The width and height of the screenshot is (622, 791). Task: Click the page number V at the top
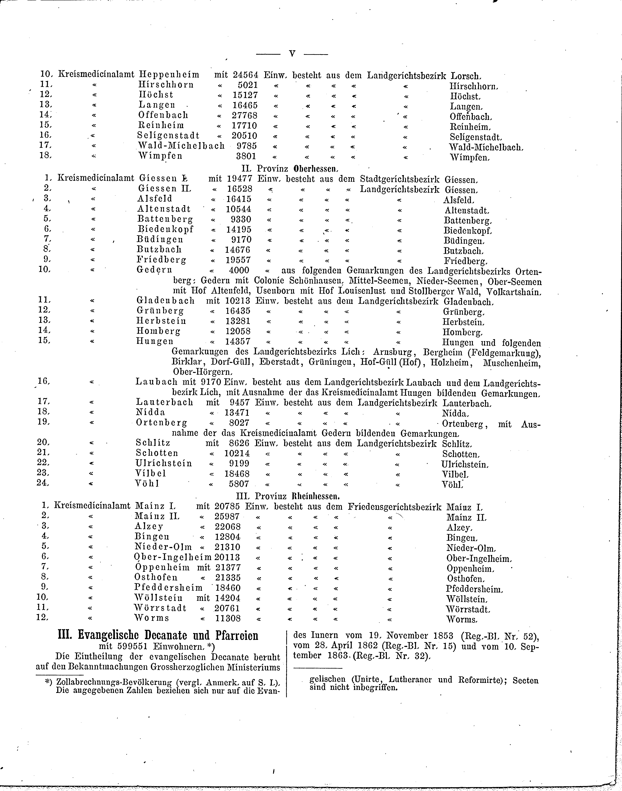[292, 54]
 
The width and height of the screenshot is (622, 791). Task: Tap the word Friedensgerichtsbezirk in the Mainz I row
[394, 507]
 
